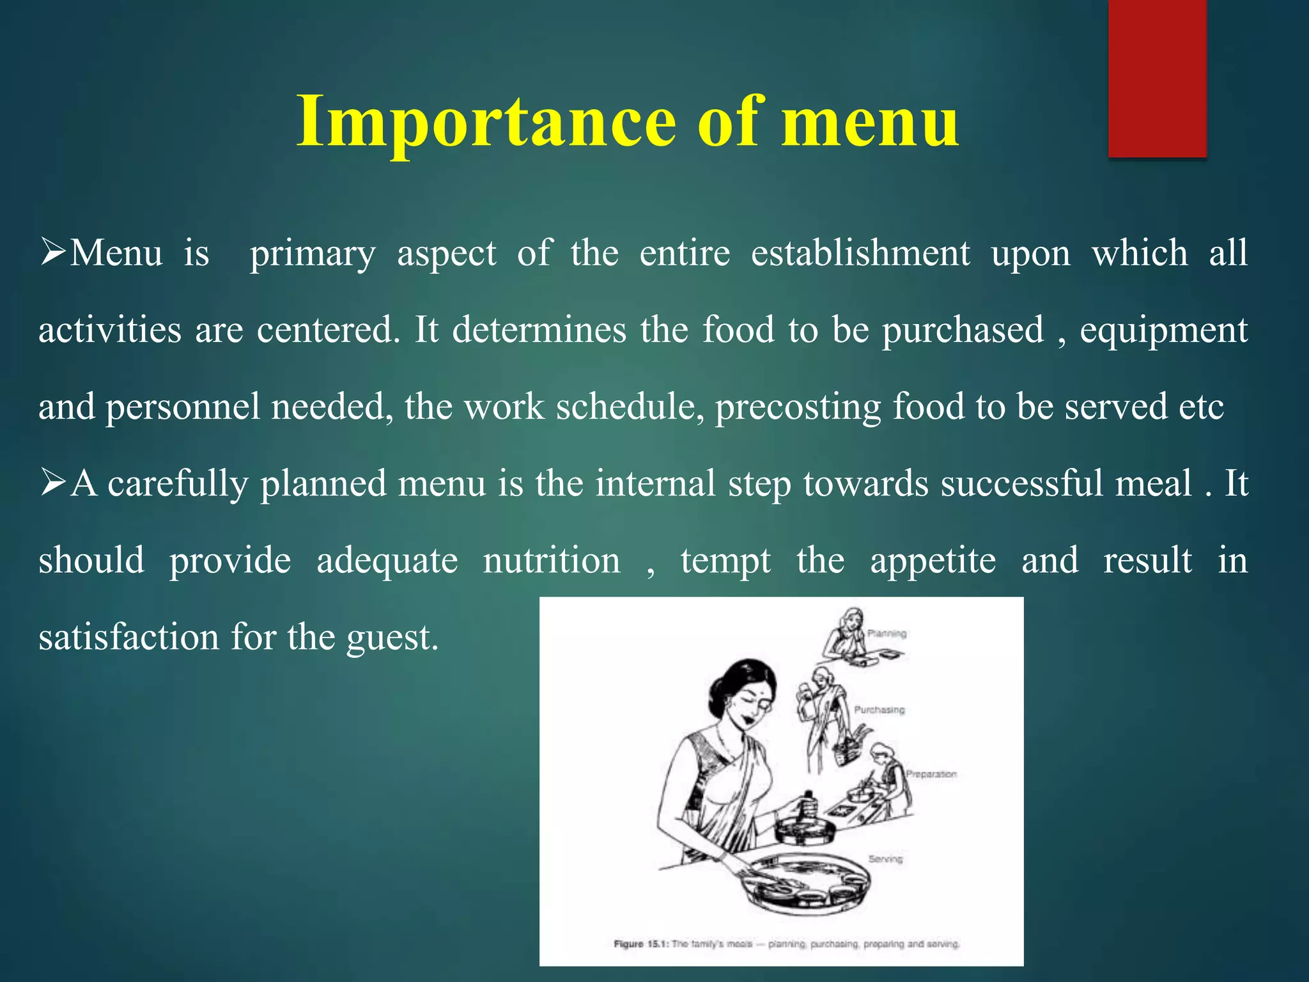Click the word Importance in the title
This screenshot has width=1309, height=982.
pos(486,121)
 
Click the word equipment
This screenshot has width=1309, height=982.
pos(1163,331)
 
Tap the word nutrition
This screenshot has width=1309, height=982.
pos(551,561)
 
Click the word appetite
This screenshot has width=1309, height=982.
pos(933,561)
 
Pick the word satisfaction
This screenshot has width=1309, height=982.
pos(128,637)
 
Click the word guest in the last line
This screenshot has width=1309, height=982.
pos(392,637)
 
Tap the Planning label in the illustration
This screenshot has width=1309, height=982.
pos(887,634)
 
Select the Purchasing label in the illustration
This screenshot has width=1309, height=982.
pos(879,710)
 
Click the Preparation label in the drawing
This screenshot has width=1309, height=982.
pos(931,774)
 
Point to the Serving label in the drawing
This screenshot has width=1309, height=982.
pos(885,859)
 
